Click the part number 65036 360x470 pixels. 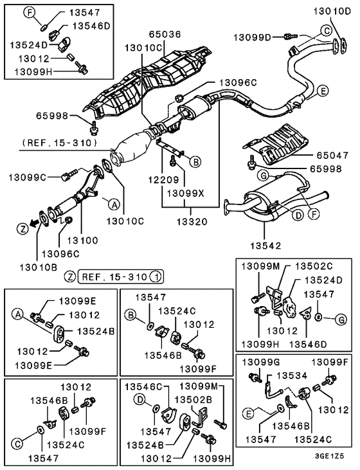[165, 34]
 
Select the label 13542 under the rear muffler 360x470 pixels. [266, 246]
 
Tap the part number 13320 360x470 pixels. [192, 222]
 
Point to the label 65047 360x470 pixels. [332, 155]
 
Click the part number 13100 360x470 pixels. [82, 240]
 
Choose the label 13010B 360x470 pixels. [39, 267]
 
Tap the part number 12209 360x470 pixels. [163, 179]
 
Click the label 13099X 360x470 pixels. [186, 194]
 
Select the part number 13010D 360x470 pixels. [332, 12]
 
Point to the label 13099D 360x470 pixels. [252, 37]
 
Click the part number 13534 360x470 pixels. [292, 375]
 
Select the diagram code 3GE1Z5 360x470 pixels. [329, 456]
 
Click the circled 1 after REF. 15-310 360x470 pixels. [156, 276]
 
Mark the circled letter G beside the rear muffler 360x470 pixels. [264, 176]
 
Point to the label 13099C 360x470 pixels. [27, 177]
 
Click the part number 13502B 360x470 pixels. [194, 399]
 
